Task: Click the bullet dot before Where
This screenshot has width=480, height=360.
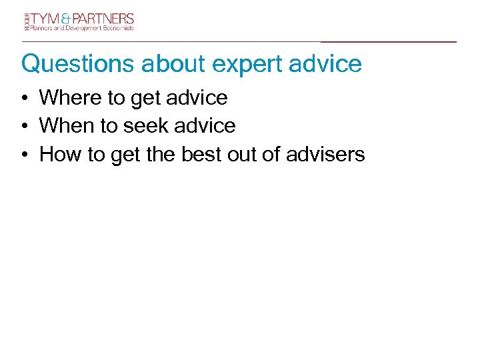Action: [23, 99]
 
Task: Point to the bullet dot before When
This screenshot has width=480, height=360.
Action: [23, 127]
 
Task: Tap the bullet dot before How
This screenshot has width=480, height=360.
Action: [23, 155]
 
